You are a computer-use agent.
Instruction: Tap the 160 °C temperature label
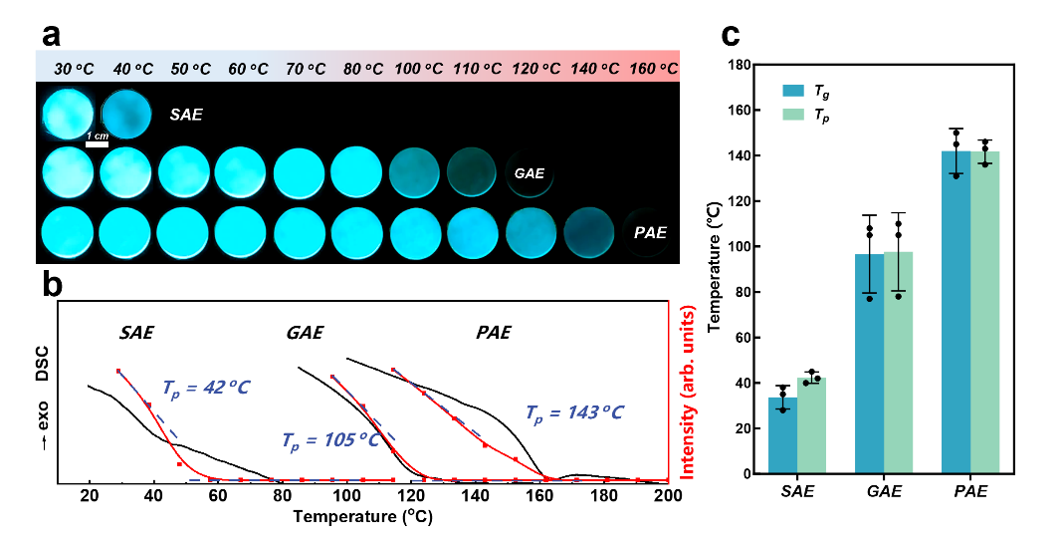pyautogui.click(x=654, y=69)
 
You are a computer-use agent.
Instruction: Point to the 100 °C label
pyautogui.click(x=419, y=69)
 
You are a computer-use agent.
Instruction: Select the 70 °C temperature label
pyautogui.click(x=306, y=69)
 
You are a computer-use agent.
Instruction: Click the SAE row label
pyautogui.click(x=186, y=115)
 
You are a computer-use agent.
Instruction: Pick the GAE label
pyautogui.click(x=529, y=173)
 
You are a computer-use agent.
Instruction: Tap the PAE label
pyautogui.click(x=650, y=233)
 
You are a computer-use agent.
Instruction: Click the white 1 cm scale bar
pyautogui.click(x=97, y=144)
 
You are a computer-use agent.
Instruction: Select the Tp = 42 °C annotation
pyautogui.click(x=206, y=388)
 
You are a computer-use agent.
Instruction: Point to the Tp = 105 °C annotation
pyautogui.click(x=330, y=439)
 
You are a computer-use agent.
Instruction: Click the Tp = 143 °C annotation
pyautogui.click(x=574, y=412)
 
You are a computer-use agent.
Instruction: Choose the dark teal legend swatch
pyautogui.click(x=792, y=91)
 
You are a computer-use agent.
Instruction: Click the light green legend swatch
pyautogui.click(x=792, y=115)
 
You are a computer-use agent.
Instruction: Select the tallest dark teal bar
pyautogui.click(x=956, y=311)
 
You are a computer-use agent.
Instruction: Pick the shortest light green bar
pyautogui.click(x=811, y=424)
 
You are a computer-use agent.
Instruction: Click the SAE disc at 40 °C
pyautogui.click(x=126, y=114)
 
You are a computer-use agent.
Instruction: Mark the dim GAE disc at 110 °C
pyautogui.click(x=471, y=172)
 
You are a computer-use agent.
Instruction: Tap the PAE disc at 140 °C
pyautogui.click(x=588, y=232)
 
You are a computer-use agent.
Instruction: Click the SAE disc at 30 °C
pyautogui.click(x=68, y=114)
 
